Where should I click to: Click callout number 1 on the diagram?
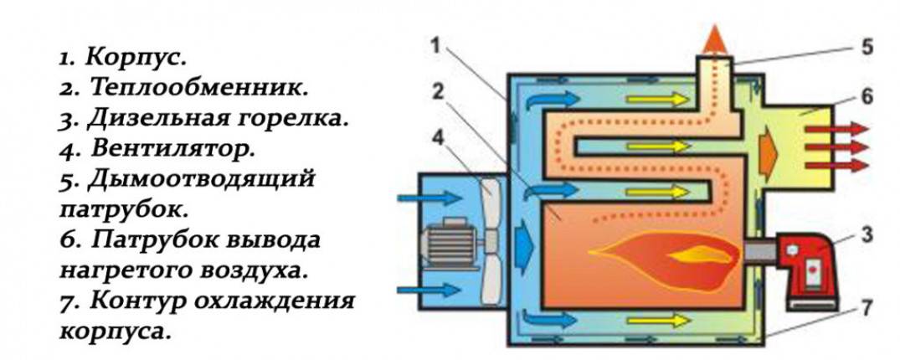point(437,46)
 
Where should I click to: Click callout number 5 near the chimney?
point(867,47)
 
